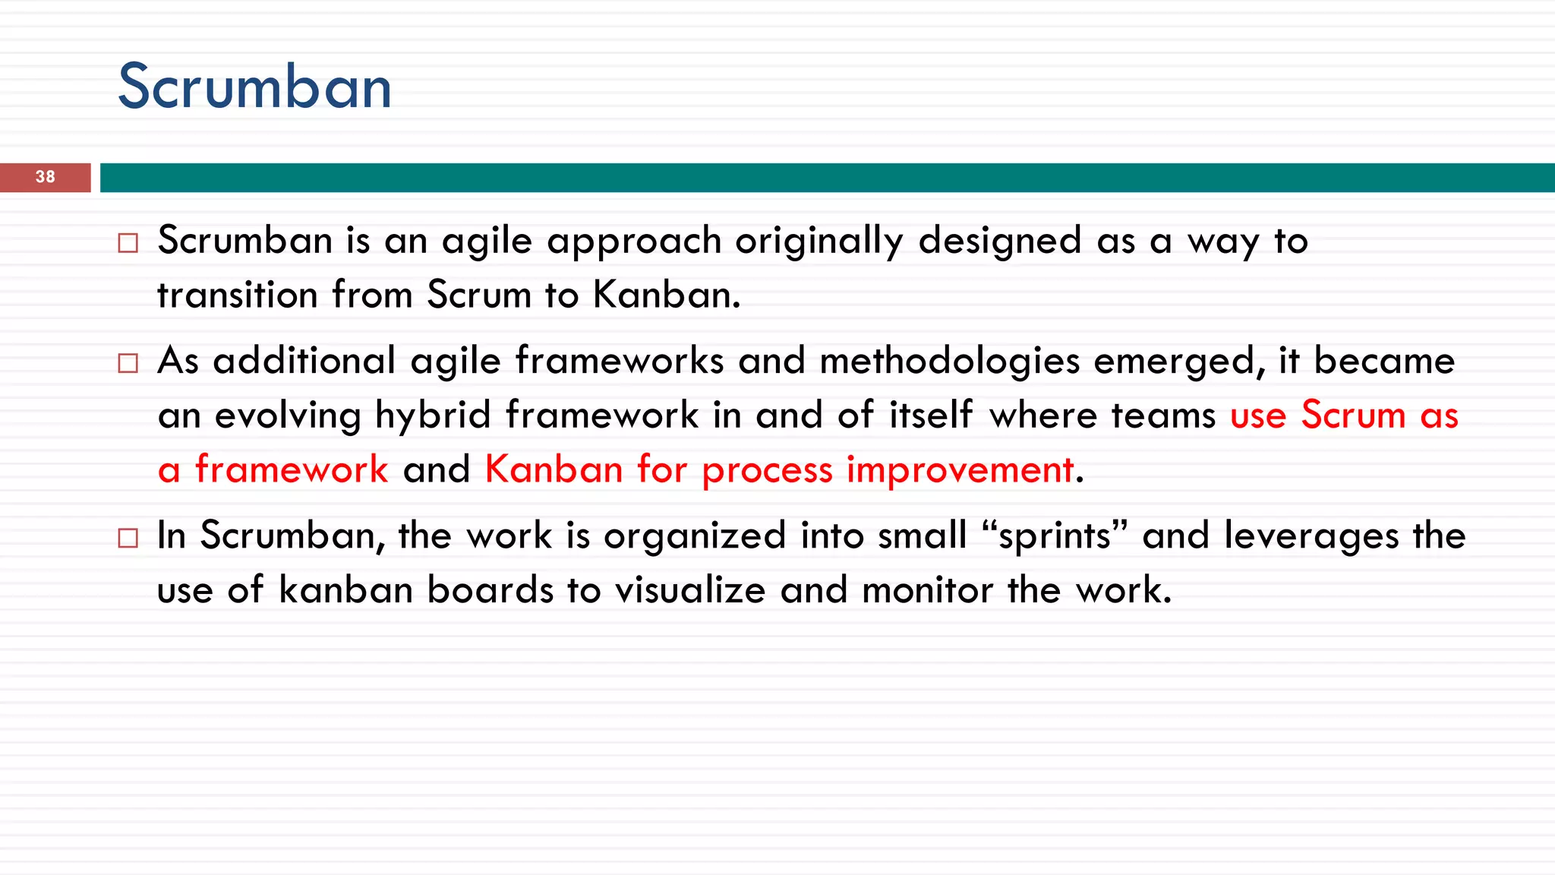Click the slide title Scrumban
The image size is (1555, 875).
point(254,87)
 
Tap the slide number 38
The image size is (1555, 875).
point(46,177)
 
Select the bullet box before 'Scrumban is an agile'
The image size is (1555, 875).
point(128,243)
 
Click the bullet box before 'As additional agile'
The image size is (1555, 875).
point(128,363)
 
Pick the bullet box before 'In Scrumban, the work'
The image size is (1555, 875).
point(128,539)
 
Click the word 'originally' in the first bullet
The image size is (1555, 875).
point(819,242)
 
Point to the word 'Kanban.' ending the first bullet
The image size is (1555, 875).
point(666,295)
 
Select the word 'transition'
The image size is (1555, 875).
point(237,295)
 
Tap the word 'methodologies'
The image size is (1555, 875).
point(949,362)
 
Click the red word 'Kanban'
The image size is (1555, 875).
point(554,469)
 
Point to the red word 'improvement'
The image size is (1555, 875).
point(960,469)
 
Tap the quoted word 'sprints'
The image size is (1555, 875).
point(1055,536)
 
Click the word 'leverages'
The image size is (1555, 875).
point(1311,536)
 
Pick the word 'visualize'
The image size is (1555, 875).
point(690,590)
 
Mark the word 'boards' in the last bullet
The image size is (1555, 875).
point(490,590)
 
